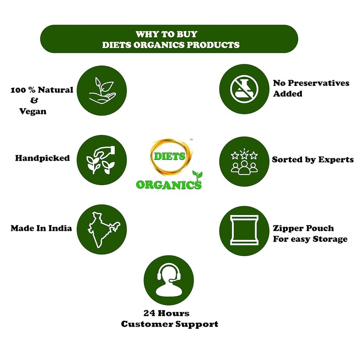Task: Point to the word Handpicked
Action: point(42,158)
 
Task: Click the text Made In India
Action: point(41,228)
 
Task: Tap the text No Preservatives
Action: point(304,84)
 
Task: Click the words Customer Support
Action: point(170,324)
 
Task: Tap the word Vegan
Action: point(34,111)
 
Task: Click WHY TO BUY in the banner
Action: point(166,34)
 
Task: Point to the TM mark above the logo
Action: point(192,140)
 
